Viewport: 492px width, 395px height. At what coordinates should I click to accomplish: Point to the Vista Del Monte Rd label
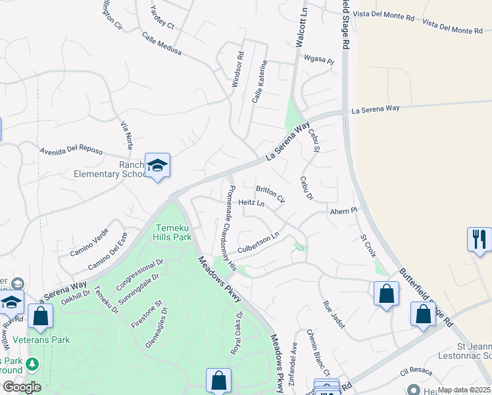coord(383,14)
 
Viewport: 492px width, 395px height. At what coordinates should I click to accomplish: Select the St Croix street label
coord(368,246)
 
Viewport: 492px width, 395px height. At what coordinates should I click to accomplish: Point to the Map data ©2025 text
coord(464,390)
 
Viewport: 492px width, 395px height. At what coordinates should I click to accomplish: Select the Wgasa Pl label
coord(319,59)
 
